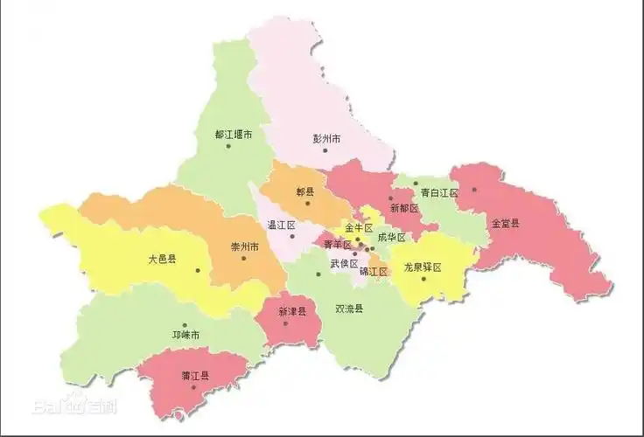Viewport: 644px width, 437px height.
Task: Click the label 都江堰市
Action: [234, 135]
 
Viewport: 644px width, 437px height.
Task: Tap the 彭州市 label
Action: [326, 139]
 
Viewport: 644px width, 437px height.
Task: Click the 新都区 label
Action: [404, 209]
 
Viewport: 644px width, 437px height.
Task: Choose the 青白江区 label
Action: [439, 192]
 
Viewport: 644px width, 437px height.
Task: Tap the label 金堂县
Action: [505, 224]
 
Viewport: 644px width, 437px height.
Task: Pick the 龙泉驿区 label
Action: [423, 267]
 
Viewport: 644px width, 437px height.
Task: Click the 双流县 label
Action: [349, 309]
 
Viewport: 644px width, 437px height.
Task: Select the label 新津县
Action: [292, 311]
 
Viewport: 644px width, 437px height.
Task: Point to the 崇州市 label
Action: [244, 247]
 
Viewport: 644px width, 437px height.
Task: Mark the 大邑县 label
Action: [163, 260]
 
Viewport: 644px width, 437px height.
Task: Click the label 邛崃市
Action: [185, 335]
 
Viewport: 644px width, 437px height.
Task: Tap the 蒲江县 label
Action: [194, 376]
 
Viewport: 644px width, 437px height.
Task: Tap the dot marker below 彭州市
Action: [325, 150]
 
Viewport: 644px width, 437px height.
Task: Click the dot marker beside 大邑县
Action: [199, 270]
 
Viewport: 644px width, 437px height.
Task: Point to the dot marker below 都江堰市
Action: [228, 146]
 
